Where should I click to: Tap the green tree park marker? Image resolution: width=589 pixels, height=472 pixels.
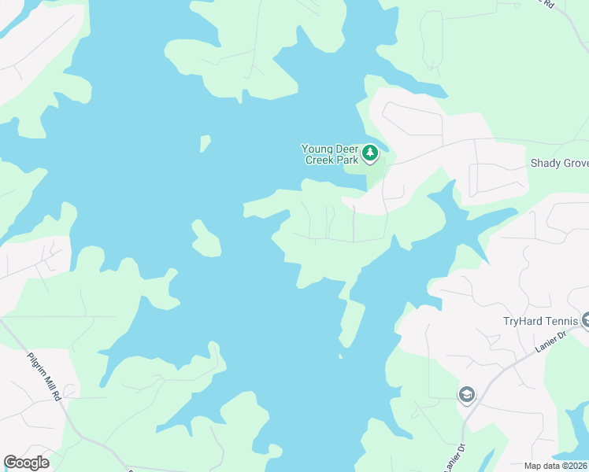tap(370, 152)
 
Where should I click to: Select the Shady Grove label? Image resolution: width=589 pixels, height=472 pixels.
tap(559, 163)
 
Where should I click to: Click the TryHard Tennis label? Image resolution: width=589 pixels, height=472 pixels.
tap(540, 321)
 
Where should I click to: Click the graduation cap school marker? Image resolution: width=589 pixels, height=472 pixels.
tap(467, 394)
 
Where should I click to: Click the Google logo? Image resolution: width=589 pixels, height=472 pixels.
tap(26, 463)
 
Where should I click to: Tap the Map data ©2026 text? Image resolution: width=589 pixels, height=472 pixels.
tap(556, 466)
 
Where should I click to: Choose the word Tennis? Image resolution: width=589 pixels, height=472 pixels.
tap(561, 321)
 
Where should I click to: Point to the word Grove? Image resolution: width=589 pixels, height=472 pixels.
tap(574, 163)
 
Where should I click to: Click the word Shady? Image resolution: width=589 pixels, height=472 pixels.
tap(544, 163)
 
